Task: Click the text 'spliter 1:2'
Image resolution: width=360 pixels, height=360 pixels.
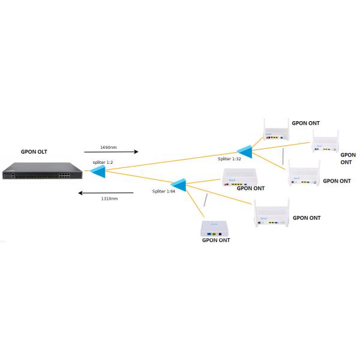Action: point(102,163)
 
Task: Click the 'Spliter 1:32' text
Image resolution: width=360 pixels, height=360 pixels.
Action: point(229,158)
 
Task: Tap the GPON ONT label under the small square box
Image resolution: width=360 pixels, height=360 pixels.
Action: point(215,240)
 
